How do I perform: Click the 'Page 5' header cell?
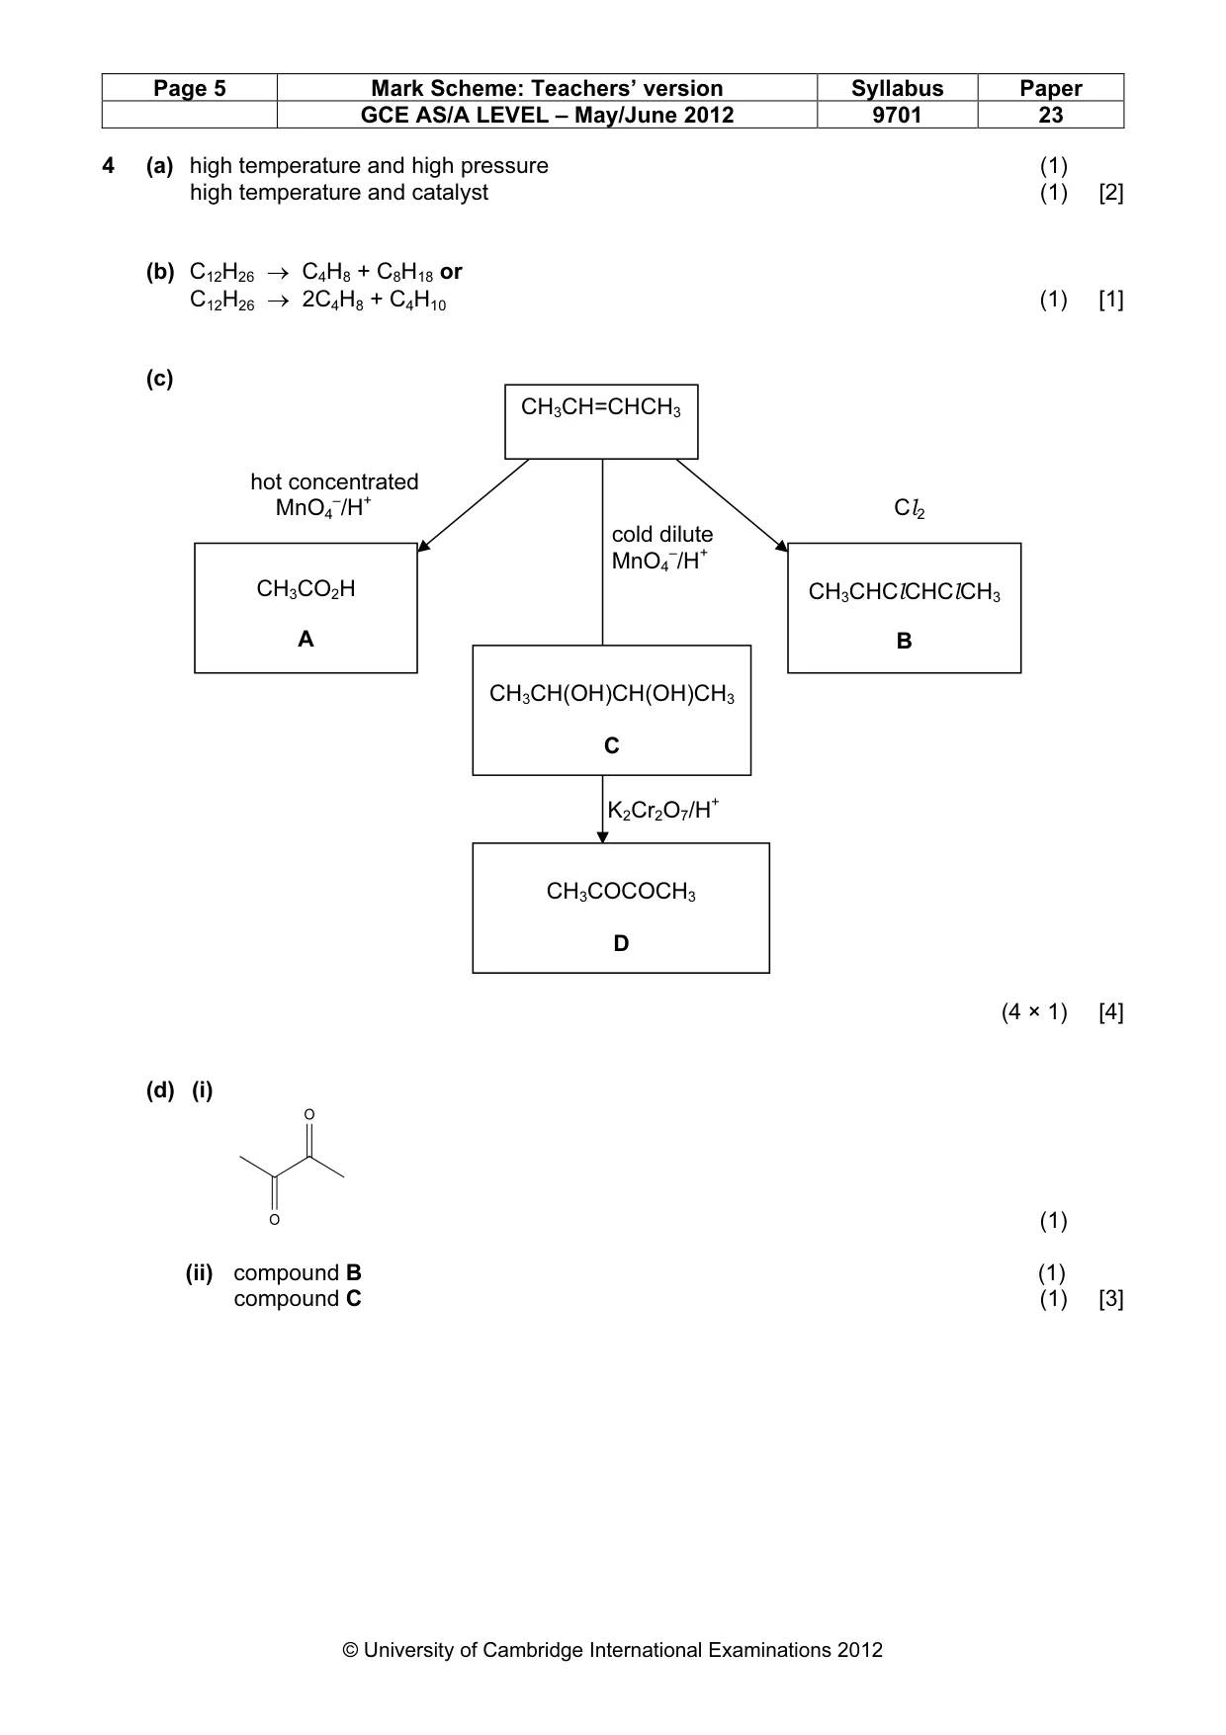click(x=190, y=89)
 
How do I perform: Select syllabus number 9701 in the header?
click(x=897, y=115)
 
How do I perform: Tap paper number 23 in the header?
click(x=1050, y=115)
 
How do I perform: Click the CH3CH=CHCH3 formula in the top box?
click(x=601, y=407)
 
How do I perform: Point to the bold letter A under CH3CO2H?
click(x=306, y=640)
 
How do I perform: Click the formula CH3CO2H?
click(x=306, y=589)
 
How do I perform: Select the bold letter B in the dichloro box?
click(x=904, y=641)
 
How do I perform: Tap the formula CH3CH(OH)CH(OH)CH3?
click(x=612, y=694)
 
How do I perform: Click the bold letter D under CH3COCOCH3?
click(x=621, y=943)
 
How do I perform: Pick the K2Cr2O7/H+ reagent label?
click(x=662, y=811)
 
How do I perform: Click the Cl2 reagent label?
click(x=910, y=508)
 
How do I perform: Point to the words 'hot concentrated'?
click(x=334, y=481)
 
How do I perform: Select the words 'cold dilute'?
click(x=662, y=534)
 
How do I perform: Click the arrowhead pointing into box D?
click(x=603, y=837)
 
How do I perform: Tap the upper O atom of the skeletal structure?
click(x=309, y=1114)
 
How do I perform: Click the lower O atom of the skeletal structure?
click(x=275, y=1220)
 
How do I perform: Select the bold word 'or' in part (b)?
click(x=451, y=272)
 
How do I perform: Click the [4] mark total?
click(x=1111, y=1012)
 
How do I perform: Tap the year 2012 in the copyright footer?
click(x=859, y=1649)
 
